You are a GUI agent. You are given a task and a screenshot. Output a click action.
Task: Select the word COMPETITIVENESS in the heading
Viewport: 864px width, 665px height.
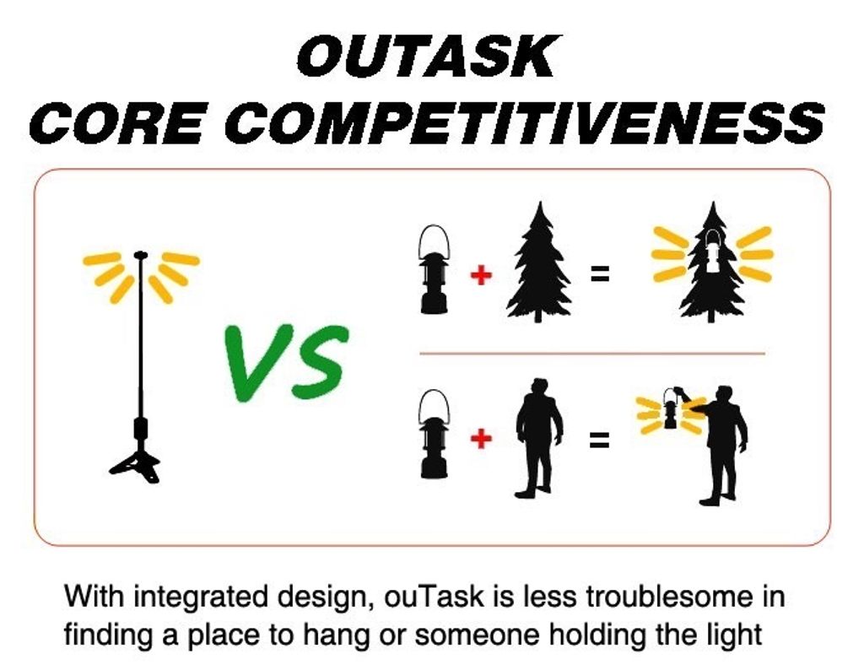coord(525,122)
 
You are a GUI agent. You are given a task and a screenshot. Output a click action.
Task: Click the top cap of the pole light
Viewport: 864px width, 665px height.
coord(141,255)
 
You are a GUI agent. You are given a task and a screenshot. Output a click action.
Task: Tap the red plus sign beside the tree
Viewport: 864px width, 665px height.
coord(481,274)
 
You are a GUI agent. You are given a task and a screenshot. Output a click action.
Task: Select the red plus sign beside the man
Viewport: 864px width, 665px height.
coord(481,439)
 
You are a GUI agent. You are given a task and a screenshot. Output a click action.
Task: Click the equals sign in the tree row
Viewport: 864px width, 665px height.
coord(600,273)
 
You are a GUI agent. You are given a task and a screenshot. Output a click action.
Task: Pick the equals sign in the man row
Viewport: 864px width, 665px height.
coord(600,439)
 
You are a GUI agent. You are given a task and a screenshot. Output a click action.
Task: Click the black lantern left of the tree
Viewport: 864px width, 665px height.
coord(435,269)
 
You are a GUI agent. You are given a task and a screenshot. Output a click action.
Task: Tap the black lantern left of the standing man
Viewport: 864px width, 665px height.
coord(435,434)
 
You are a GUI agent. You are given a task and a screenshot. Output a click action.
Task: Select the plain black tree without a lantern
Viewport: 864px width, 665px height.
coord(539,262)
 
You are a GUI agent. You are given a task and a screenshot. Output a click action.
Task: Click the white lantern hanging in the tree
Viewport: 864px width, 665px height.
coord(712,251)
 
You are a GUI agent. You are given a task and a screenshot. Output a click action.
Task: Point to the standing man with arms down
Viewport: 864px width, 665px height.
coord(538,439)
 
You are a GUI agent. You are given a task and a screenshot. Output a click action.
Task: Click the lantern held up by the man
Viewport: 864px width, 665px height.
coord(670,408)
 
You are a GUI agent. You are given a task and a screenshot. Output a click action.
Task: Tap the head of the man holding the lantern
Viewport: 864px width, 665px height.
coord(725,395)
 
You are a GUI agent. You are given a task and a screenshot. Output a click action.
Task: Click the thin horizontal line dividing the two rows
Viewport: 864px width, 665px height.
coord(592,353)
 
